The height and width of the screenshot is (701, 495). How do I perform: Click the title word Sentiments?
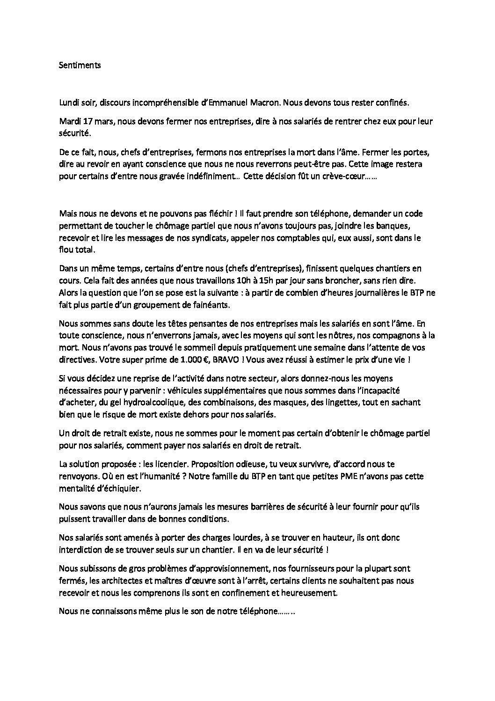coord(80,65)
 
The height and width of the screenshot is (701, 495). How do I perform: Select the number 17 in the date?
coord(87,121)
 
